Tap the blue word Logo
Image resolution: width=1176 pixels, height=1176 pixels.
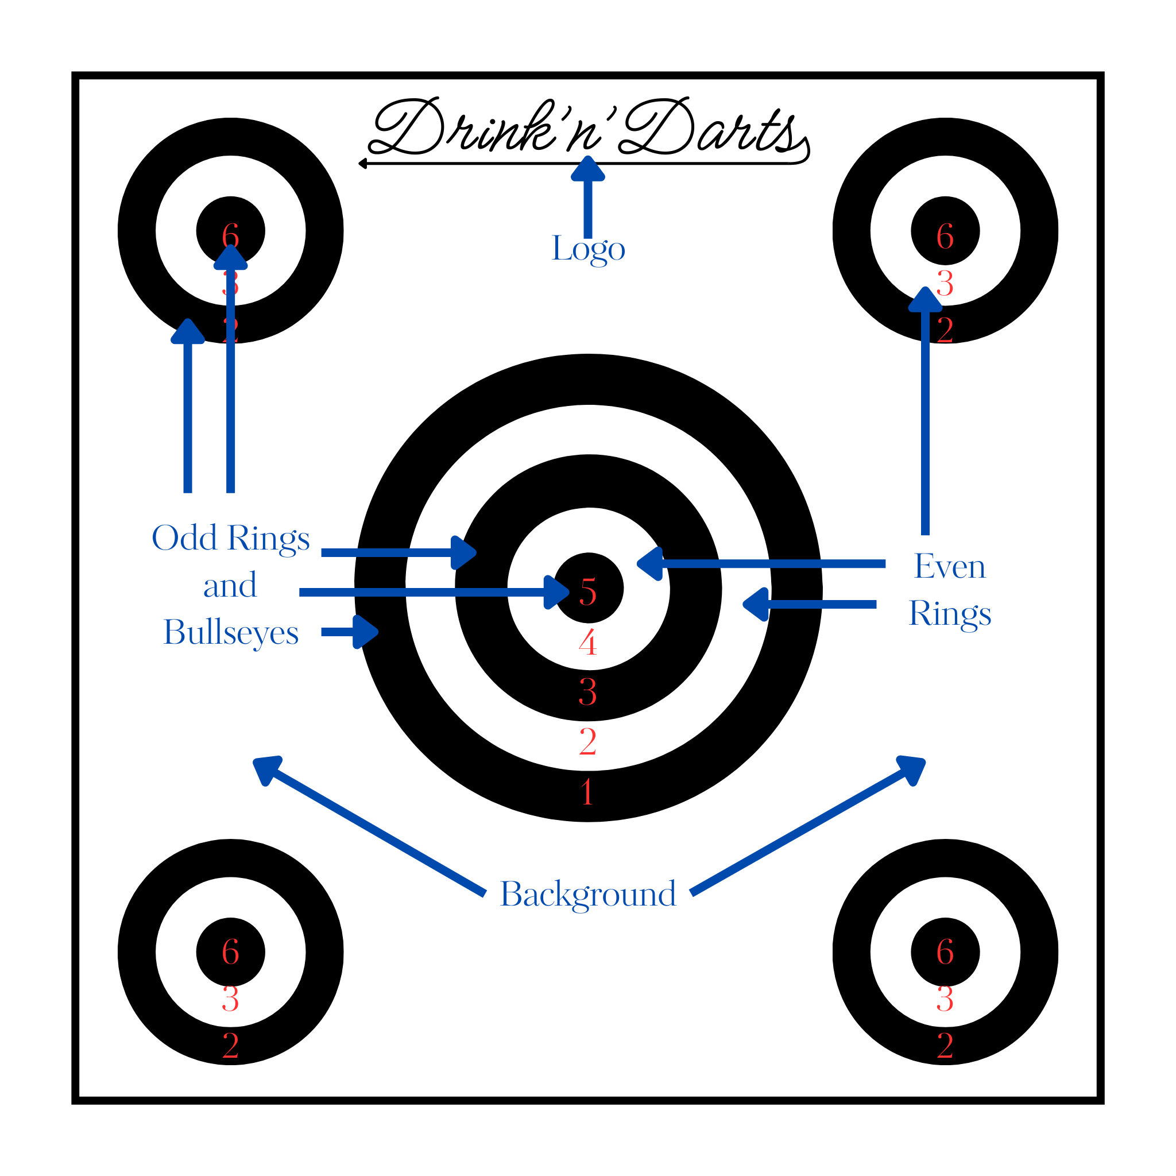tap(588, 248)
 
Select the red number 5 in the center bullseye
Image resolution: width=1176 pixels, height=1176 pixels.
tap(588, 591)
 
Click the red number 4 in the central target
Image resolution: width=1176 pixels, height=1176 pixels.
tap(588, 643)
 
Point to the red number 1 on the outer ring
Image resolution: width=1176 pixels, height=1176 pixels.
tap(587, 792)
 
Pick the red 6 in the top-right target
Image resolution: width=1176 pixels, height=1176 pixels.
tap(945, 236)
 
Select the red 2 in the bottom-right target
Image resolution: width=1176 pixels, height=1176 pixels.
tap(945, 1046)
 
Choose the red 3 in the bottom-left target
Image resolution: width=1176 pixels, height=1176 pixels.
tap(230, 999)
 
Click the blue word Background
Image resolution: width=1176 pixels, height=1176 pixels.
tap(588, 895)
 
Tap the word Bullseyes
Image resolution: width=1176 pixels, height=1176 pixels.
tap(231, 632)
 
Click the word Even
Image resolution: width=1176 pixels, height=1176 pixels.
tap(950, 567)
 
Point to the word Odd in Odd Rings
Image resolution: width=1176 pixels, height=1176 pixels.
tap(184, 538)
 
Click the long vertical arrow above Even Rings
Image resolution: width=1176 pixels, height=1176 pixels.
tap(925, 414)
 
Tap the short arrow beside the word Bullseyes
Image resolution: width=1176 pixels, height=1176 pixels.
tap(350, 632)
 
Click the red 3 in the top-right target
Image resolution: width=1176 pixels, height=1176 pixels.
tap(945, 284)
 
